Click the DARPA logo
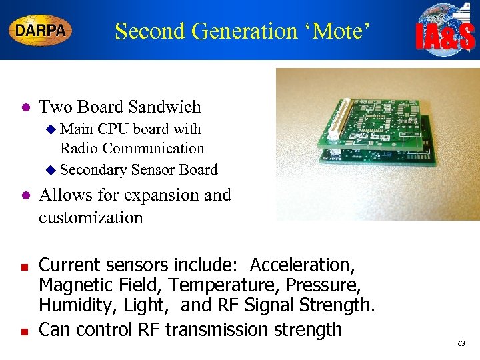tap(40, 31)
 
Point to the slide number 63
tap(461, 343)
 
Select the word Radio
tap(79, 148)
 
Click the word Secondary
tap(93, 170)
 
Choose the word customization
tap(91, 218)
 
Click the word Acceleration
tap(302, 265)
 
